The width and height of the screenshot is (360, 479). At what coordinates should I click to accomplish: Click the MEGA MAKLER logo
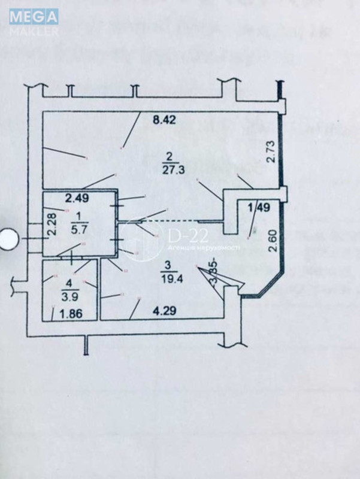(x=34, y=22)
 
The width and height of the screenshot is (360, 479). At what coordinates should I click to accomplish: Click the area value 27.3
(x=172, y=169)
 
